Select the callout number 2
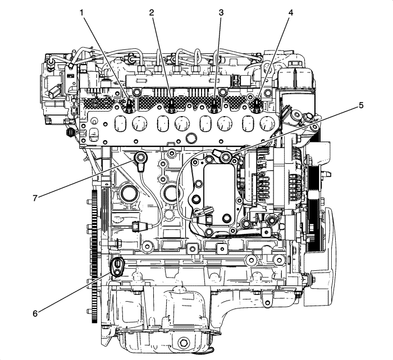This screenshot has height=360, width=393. coord(150,12)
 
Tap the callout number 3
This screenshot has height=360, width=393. coord(221,12)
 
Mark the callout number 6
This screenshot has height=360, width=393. coord(35,313)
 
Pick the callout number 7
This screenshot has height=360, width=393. coord(35,197)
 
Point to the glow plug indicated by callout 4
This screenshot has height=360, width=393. coord(257,104)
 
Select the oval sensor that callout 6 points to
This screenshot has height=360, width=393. coord(117,266)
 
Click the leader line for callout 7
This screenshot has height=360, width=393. coord(84,180)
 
